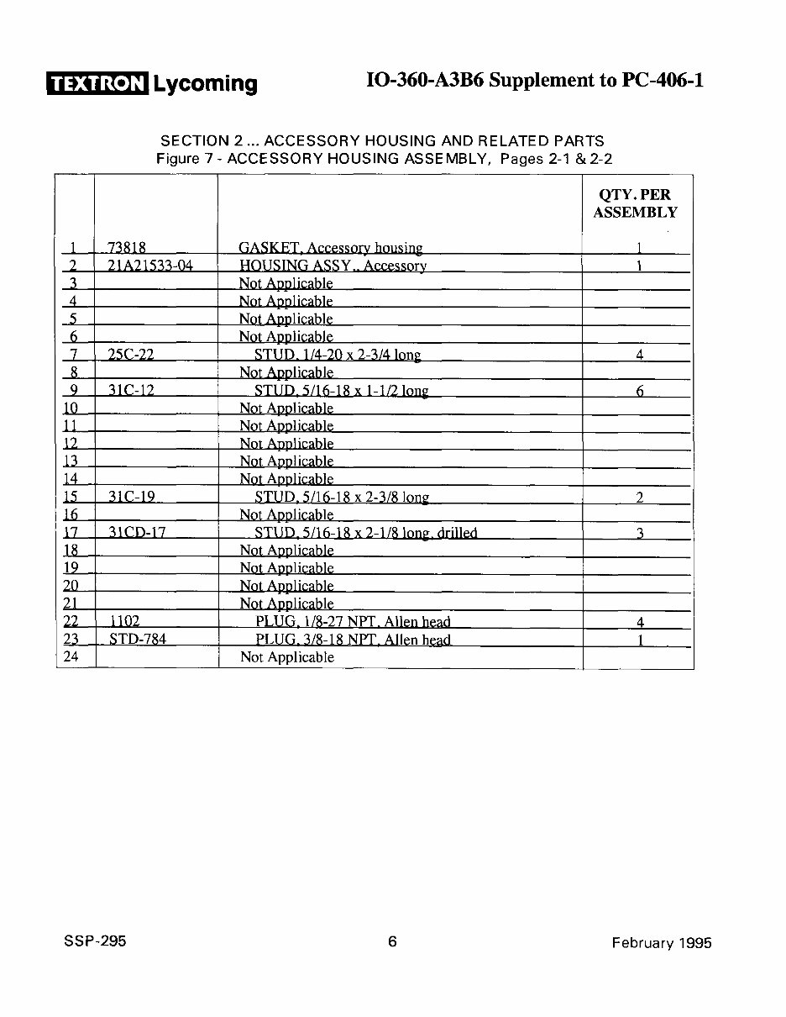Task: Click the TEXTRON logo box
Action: pyautogui.click(x=97, y=83)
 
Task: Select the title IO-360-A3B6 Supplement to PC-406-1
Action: pyautogui.click(x=535, y=81)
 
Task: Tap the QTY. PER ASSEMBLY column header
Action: pyautogui.click(x=636, y=203)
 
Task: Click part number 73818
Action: pyautogui.click(x=127, y=248)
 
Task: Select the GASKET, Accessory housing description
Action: pyautogui.click(x=331, y=248)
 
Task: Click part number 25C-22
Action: pyautogui.click(x=131, y=355)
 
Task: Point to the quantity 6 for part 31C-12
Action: pyautogui.click(x=640, y=391)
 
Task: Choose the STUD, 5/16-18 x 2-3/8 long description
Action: pyautogui.click(x=342, y=498)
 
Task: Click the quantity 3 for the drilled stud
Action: pyautogui.click(x=640, y=533)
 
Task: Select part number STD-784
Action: pyautogui.click(x=138, y=640)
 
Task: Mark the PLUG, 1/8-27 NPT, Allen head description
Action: pyautogui.click(x=353, y=622)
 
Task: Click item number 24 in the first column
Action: pyautogui.click(x=71, y=657)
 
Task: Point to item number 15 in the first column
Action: pyautogui.click(x=71, y=498)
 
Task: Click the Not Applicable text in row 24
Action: pyautogui.click(x=287, y=657)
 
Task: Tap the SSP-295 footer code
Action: pyautogui.click(x=93, y=941)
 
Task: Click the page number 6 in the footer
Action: pyautogui.click(x=392, y=941)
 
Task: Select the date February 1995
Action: pyautogui.click(x=662, y=942)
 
